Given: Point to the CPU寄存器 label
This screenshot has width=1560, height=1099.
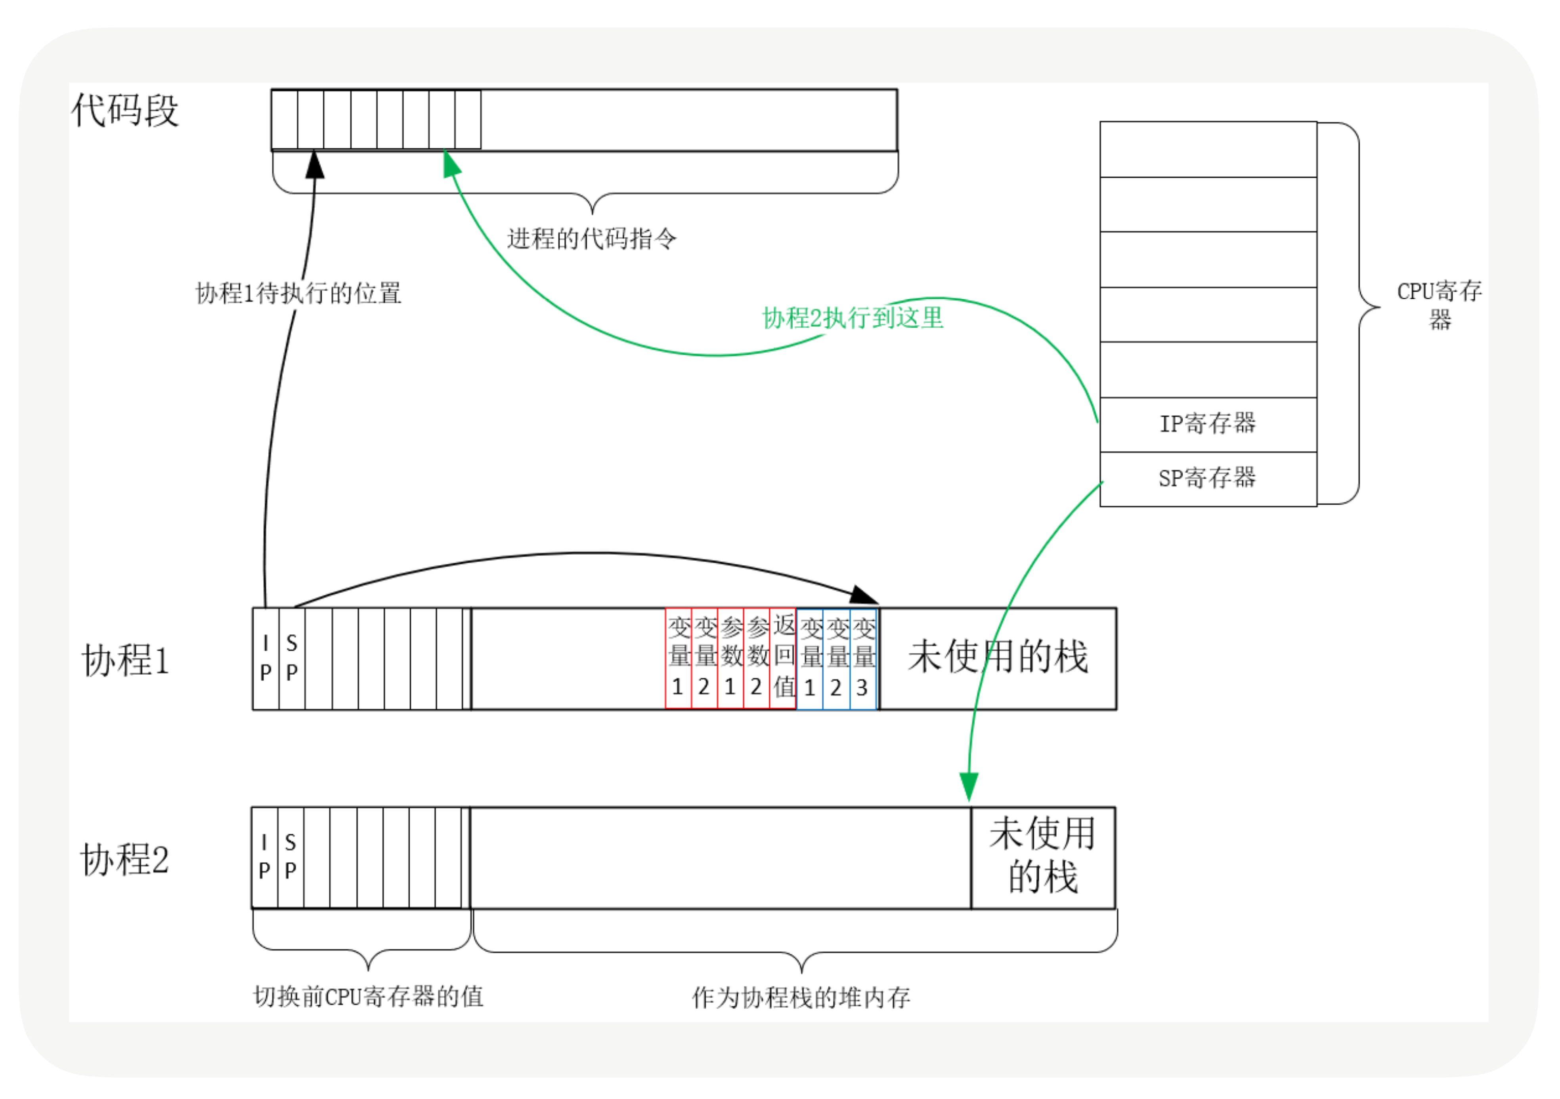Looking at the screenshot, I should tap(1439, 305).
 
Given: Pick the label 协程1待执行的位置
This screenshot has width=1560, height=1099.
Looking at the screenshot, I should tap(298, 294).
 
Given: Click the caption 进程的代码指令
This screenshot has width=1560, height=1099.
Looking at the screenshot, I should tap(591, 239).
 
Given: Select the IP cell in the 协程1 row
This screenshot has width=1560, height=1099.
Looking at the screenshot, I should tap(266, 658).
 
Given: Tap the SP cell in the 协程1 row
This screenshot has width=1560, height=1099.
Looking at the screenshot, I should tap(292, 658).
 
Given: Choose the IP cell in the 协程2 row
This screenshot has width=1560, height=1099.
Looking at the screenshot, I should tap(264, 857).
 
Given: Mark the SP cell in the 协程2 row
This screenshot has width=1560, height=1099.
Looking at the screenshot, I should tap(291, 857).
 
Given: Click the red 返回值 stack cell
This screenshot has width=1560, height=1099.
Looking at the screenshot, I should tap(784, 658).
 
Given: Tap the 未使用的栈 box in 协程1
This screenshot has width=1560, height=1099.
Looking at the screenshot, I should tap(998, 658).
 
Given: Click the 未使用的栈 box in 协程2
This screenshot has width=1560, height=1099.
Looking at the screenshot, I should tap(1042, 857).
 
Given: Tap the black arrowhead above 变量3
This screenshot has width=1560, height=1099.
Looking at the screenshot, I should tap(864, 596).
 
